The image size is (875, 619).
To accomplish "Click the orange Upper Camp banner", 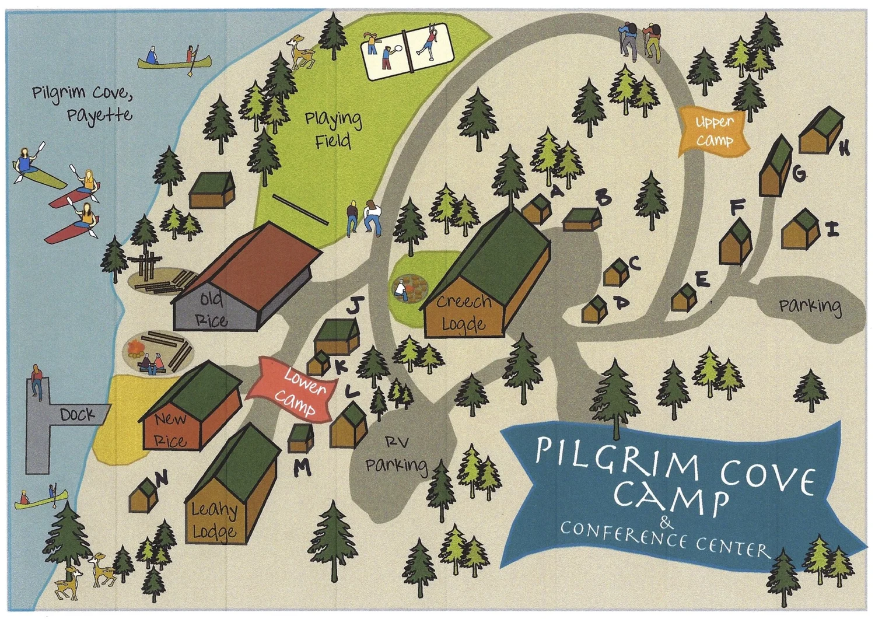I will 714,132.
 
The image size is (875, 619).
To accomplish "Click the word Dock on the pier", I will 77,415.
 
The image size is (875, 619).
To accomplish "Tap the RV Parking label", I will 397,455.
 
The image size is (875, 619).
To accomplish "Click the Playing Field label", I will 333,130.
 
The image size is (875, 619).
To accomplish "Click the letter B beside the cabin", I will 603,199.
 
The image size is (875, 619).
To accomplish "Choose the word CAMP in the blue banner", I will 671,498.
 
